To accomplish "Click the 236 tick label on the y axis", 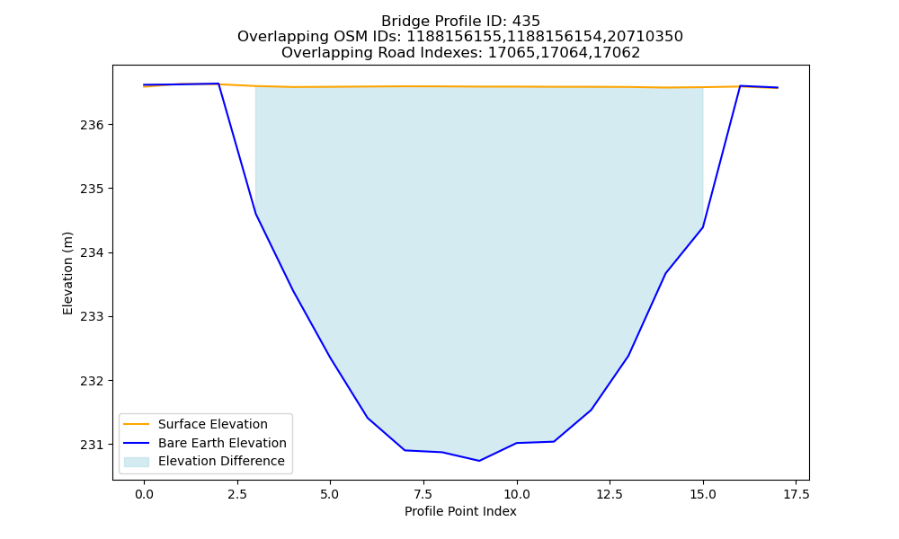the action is point(91,126).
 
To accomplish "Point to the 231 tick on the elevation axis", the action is point(91,445).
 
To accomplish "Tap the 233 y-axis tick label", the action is point(91,317).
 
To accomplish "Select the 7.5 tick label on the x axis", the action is point(423,494).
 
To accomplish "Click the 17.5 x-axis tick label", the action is point(797,494).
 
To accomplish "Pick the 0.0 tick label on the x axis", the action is point(144,494).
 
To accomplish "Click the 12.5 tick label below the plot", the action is point(610,494).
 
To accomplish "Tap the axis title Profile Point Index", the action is point(460,511).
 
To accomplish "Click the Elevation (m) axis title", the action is point(67,273).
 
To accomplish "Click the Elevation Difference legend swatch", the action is point(137,462).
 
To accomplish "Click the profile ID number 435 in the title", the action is point(526,22).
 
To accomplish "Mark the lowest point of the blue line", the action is point(479,461).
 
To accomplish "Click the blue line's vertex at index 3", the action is point(255,214).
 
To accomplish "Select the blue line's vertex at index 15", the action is point(703,227).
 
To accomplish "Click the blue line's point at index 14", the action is point(665,273).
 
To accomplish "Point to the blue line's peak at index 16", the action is point(740,86).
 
